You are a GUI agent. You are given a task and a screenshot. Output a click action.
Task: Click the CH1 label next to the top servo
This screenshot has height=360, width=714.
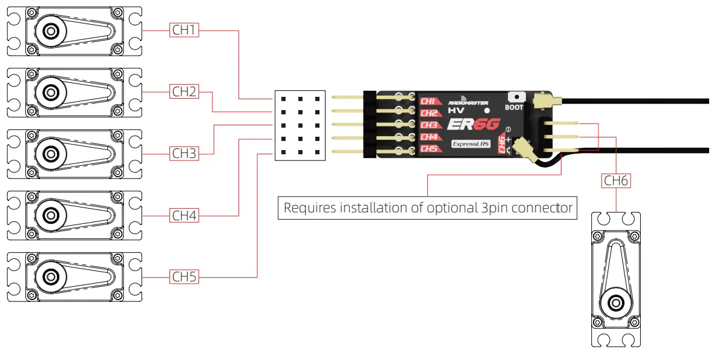[185, 30]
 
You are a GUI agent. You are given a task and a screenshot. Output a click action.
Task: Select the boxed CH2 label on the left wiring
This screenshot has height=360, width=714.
[185, 92]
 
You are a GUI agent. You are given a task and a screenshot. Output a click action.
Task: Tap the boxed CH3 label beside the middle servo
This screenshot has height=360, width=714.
[185, 154]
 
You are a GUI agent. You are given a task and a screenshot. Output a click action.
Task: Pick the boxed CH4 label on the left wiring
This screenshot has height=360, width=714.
[185, 215]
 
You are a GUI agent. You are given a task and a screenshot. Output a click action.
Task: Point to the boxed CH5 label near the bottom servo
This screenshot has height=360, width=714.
[185, 277]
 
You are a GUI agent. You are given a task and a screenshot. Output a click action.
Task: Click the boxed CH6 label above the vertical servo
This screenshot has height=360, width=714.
[616, 180]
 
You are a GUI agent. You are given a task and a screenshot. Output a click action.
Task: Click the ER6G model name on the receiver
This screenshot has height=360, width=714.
[473, 125]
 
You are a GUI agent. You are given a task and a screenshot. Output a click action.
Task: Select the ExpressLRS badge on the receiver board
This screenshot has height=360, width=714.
[470, 145]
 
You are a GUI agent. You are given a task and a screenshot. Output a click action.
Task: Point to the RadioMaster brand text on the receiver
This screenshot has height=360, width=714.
[468, 103]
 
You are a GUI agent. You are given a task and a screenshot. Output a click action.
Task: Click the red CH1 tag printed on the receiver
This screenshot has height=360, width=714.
[429, 101]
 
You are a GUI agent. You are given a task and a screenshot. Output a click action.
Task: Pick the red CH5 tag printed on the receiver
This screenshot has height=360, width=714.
[429, 149]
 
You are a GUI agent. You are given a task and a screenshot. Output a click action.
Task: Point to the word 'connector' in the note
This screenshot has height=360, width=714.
[542, 208]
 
